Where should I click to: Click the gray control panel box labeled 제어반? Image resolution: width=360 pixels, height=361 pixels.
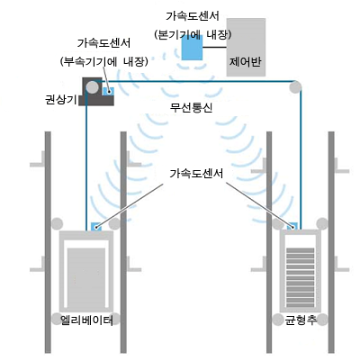click(x=246, y=47)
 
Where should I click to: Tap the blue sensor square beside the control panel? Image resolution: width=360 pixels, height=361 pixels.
click(x=192, y=48)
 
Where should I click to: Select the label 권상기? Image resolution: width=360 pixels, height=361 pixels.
click(x=60, y=99)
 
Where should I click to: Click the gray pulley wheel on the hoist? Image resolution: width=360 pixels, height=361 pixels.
click(x=92, y=87)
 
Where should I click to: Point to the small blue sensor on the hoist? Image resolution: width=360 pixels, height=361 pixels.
click(x=108, y=91)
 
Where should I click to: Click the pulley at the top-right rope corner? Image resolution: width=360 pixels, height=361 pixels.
click(x=295, y=87)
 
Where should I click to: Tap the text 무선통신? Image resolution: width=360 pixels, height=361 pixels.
click(x=191, y=107)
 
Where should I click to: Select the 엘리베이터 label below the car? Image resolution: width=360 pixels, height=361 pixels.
click(x=86, y=320)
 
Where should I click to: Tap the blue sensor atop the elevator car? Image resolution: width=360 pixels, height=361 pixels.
click(x=96, y=227)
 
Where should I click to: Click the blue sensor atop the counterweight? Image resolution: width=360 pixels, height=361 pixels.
click(x=292, y=226)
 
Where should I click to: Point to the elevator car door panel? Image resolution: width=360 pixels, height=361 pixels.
click(x=86, y=277)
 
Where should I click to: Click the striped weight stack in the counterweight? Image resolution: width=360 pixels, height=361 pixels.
click(x=301, y=277)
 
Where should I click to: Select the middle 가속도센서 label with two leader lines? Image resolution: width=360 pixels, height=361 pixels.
click(x=196, y=174)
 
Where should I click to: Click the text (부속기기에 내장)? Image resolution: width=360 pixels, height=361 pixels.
click(x=104, y=62)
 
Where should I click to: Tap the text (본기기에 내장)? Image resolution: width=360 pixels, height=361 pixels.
click(x=193, y=35)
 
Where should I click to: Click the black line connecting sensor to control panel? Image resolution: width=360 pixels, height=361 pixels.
click(x=214, y=47)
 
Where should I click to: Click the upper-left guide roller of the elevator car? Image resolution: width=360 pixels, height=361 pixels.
click(x=57, y=224)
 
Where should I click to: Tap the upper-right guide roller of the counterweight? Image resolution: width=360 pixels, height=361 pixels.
click(x=322, y=223)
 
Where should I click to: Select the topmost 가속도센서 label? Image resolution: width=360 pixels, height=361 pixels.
click(x=193, y=16)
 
